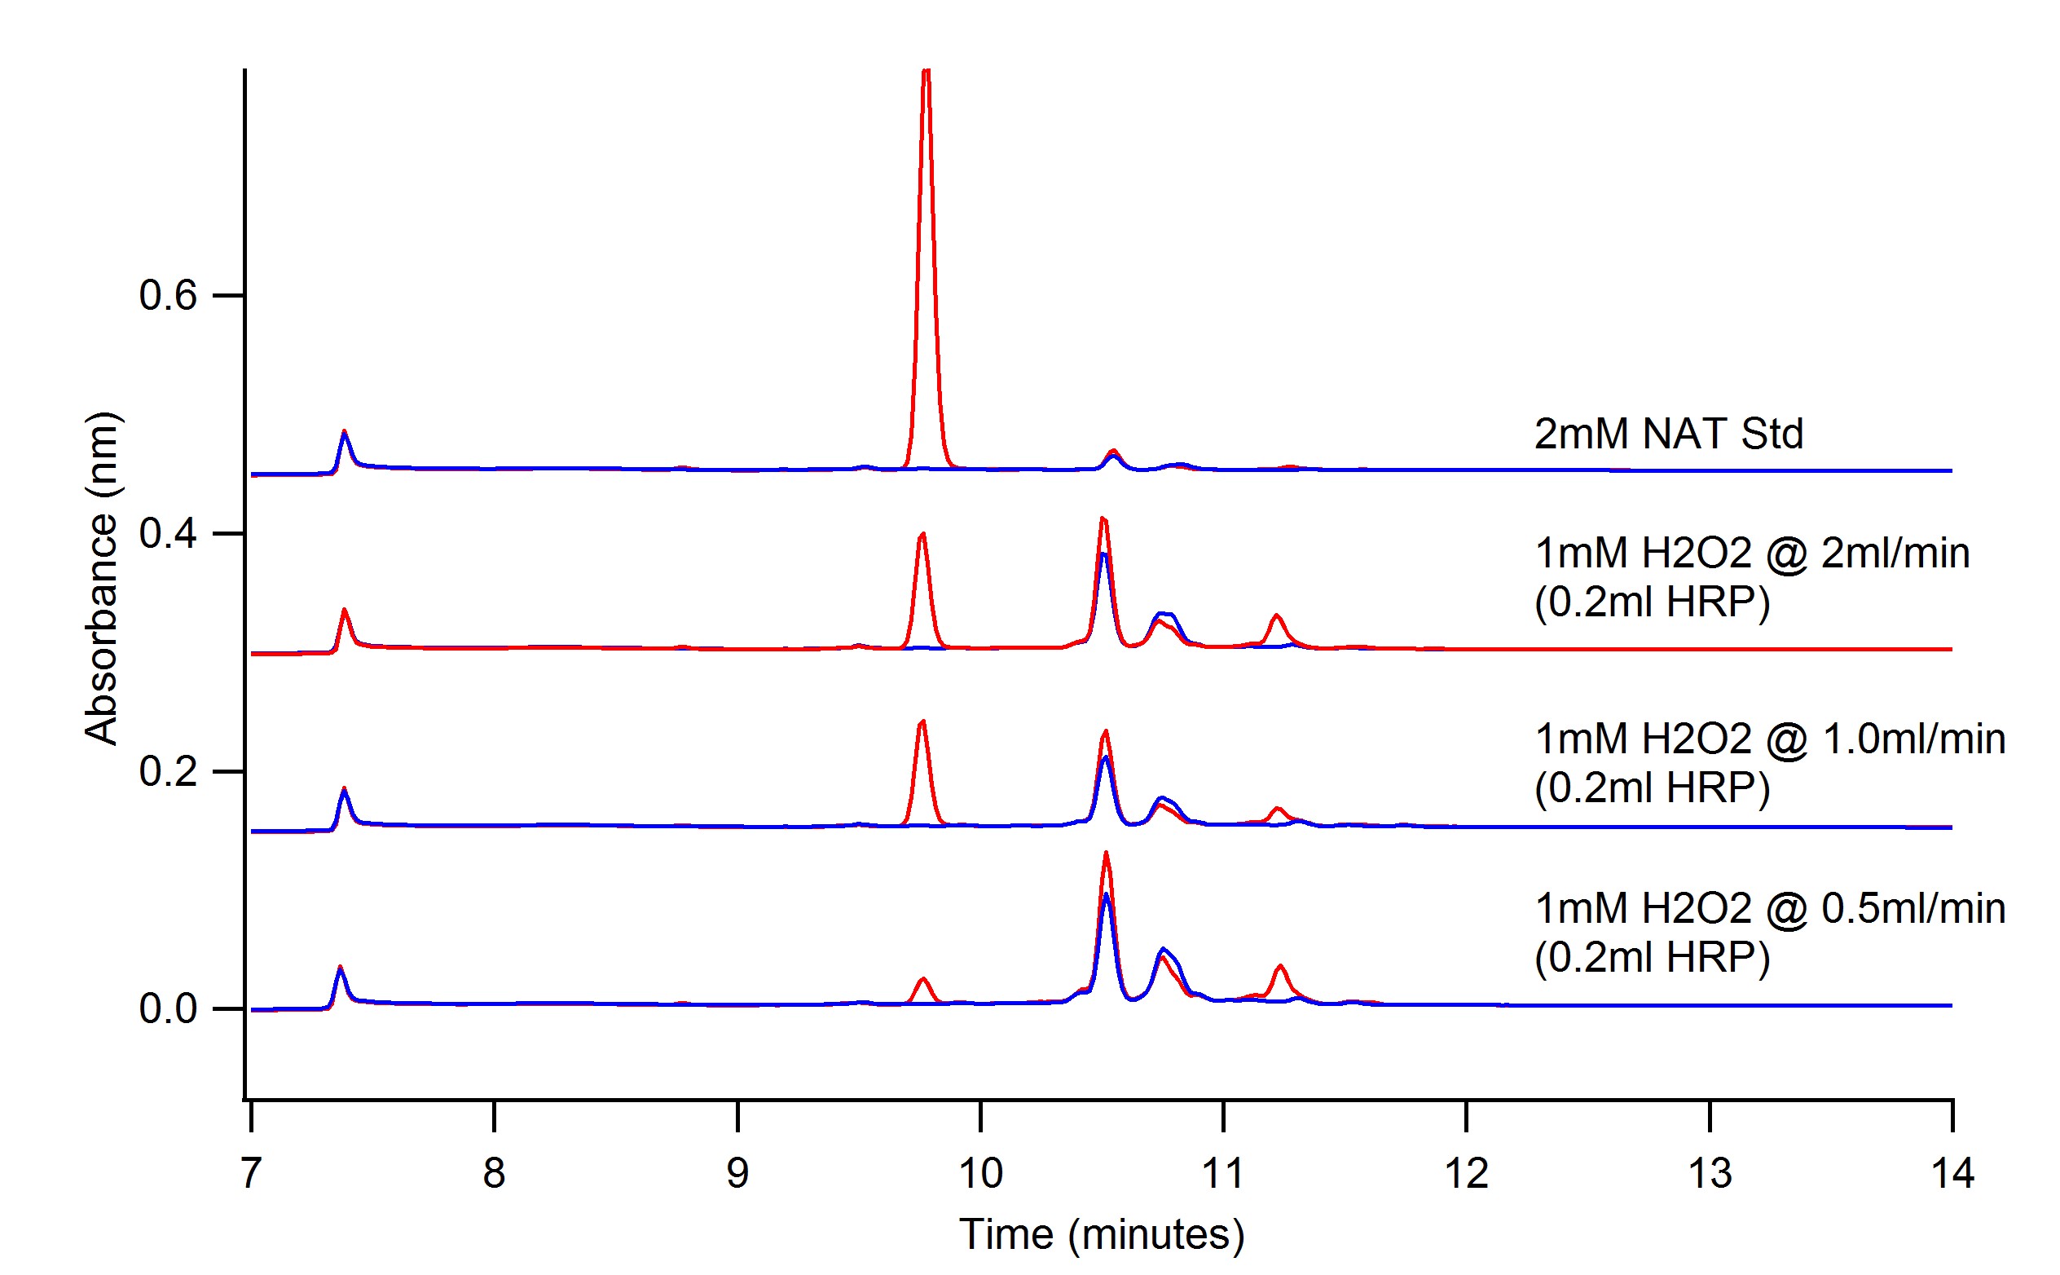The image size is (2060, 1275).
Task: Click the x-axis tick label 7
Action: click(x=250, y=1173)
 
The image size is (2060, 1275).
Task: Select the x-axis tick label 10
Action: click(x=980, y=1173)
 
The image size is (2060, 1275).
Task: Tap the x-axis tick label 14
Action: click(x=1952, y=1173)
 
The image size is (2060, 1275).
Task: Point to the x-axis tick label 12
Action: click(x=1467, y=1173)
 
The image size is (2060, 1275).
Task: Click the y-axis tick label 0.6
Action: click(x=168, y=296)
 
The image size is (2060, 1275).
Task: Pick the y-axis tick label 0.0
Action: click(x=168, y=1008)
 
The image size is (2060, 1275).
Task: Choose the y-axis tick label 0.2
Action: click(x=168, y=770)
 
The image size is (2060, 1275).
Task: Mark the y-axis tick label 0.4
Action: click(x=168, y=534)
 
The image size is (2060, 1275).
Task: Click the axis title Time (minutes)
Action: click(x=1102, y=1234)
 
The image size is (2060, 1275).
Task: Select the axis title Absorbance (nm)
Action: click(x=101, y=579)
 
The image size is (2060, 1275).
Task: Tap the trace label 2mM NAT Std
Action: click(x=1668, y=435)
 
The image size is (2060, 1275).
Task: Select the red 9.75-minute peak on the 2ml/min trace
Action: click(x=922, y=536)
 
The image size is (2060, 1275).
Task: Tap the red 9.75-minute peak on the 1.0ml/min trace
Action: click(x=922, y=722)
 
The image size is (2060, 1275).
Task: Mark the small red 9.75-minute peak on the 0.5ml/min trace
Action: click(x=924, y=980)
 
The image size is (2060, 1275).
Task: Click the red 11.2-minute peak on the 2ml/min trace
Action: click(x=1276, y=617)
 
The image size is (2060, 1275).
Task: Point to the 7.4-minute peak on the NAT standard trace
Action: click(x=344, y=434)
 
